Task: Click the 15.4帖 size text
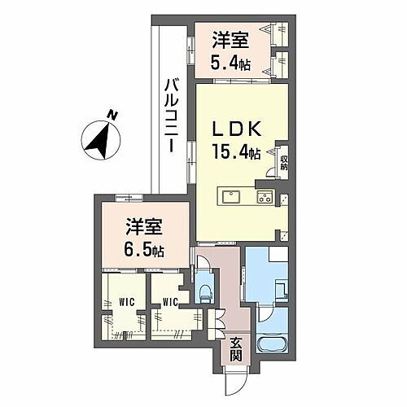tap(237, 152)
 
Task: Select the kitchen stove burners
tap(265, 196)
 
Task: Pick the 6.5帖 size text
tap(144, 249)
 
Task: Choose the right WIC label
tap(170, 301)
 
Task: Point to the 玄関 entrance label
tap(235, 348)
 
